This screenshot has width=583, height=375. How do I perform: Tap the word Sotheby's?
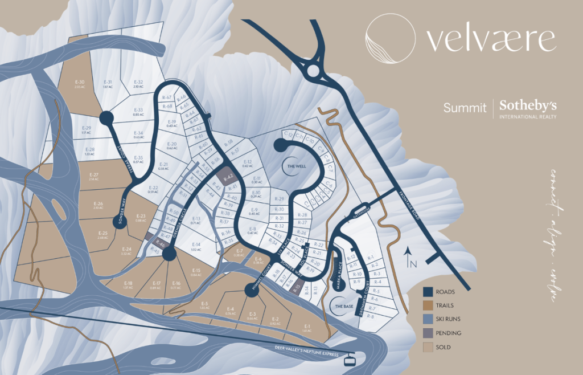pos(528,106)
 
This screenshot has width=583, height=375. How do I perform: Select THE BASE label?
pos(343,307)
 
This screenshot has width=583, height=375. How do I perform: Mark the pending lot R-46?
pos(160,244)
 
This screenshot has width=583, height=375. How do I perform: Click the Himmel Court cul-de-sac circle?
pos(251,291)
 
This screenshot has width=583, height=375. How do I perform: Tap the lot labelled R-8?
pos(371,315)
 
